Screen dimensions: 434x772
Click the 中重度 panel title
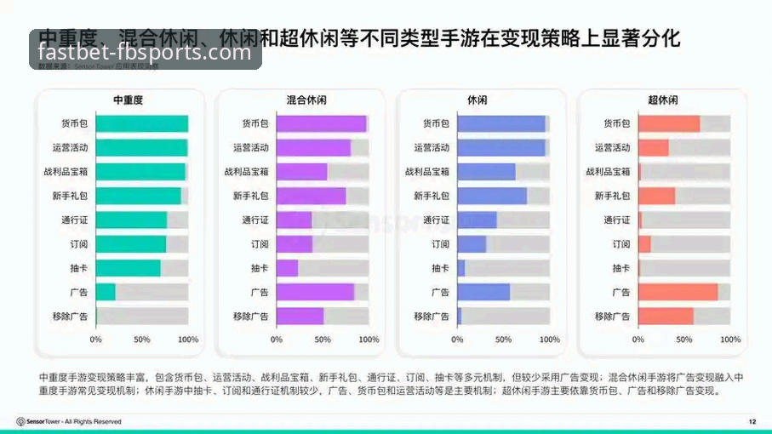[x=129, y=100]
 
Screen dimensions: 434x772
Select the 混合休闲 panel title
[x=307, y=100]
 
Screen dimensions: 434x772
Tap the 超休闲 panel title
[x=663, y=100]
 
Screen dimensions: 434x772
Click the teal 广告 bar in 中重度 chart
[x=106, y=292]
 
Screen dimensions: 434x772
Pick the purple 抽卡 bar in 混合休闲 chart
[x=287, y=268]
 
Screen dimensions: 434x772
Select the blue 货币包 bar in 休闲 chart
[x=501, y=123]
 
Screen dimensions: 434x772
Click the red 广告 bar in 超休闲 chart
[x=678, y=292]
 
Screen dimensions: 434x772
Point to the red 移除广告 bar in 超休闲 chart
[x=666, y=317]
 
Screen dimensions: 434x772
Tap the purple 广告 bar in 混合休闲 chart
[x=315, y=292]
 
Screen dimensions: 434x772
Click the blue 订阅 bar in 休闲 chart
[x=472, y=244]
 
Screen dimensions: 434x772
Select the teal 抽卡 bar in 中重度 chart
[x=128, y=268]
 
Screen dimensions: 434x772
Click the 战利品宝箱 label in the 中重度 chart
[x=66, y=171]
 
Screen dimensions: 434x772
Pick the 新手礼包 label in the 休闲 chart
[x=432, y=196]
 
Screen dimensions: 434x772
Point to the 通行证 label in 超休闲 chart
[x=617, y=220]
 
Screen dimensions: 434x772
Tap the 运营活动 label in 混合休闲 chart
[x=250, y=147]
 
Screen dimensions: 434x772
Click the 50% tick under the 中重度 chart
[x=141, y=340]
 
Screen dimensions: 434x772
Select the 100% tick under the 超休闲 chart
[x=730, y=340]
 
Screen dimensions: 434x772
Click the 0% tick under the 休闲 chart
[x=457, y=340]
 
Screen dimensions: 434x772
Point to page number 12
[x=752, y=421]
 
